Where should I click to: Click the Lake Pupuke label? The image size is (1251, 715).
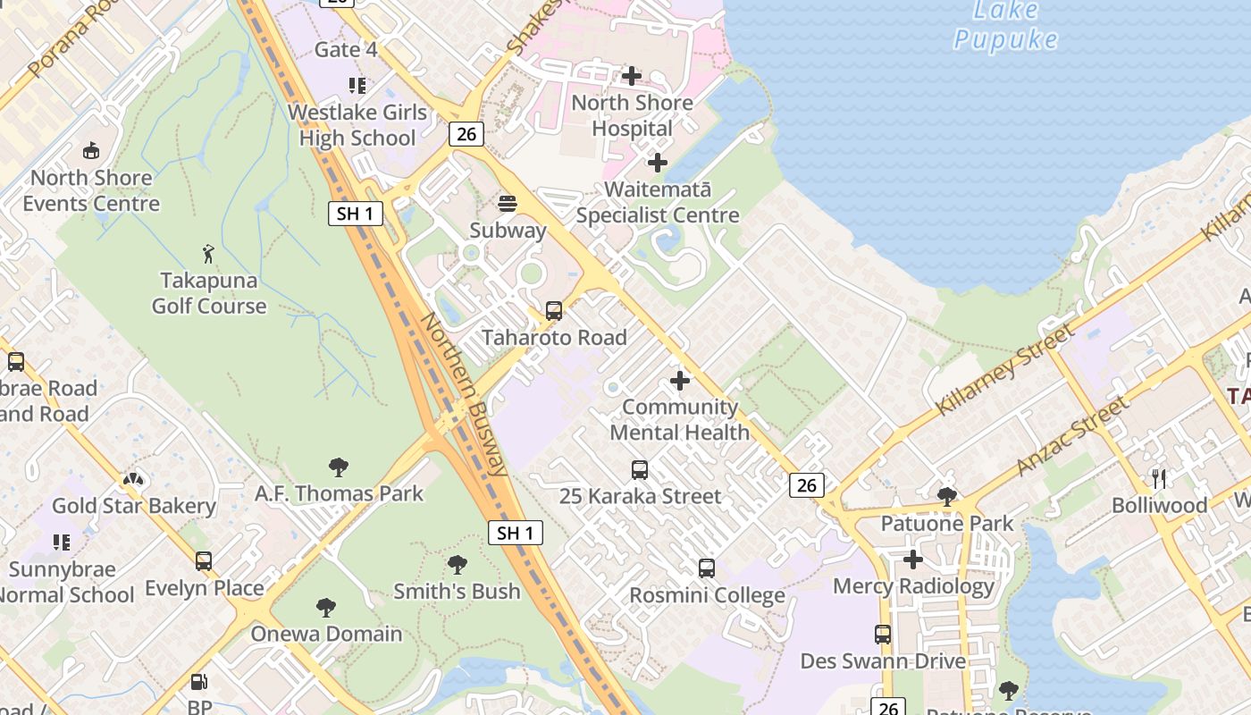[1005, 25]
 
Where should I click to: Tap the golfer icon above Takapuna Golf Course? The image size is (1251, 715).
[208, 254]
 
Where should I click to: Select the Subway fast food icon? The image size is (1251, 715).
[508, 204]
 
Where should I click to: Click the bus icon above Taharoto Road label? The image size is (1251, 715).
[554, 311]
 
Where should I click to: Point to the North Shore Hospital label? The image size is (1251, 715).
[632, 115]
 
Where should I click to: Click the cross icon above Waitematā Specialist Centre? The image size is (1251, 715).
[658, 163]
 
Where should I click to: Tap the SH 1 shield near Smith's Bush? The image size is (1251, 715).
[516, 533]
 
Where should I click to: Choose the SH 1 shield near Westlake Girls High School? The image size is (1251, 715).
[355, 213]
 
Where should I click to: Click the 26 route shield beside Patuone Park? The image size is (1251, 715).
[806, 484]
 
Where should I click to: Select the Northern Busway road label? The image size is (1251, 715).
[465, 393]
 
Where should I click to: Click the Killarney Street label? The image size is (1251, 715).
[1004, 369]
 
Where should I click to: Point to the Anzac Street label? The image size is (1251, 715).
[1072, 436]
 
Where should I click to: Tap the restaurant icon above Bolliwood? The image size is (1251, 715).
[1159, 478]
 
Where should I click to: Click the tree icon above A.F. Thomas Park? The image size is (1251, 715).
[338, 467]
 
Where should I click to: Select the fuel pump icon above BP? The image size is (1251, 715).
[200, 682]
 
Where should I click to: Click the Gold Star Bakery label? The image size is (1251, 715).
[134, 506]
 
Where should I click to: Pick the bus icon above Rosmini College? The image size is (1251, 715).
[706, 568]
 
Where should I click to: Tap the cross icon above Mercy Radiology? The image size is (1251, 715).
[912, 559]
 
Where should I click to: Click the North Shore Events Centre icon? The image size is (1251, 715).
[90, 151]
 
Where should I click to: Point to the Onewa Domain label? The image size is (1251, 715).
[326, 634]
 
